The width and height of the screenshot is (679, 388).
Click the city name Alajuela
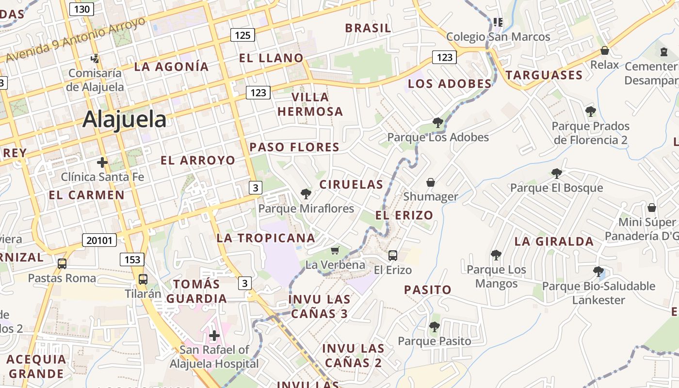124,119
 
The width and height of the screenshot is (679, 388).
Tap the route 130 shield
81,9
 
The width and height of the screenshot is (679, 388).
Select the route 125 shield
242,34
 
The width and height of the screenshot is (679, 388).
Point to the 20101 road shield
99,240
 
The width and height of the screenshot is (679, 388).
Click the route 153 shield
132,259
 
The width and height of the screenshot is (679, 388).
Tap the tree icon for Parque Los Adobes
438,122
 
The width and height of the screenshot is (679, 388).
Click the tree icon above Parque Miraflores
306,194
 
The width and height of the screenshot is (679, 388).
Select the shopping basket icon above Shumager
430,182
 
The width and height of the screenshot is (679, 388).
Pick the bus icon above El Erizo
393,255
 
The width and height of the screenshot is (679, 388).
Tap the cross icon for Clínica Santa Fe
102,162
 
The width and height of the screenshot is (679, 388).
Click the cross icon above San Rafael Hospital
214,335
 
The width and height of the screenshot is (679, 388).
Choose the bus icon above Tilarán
143,279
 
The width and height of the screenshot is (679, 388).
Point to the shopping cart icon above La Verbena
335,250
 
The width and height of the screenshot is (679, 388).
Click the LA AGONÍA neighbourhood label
171,67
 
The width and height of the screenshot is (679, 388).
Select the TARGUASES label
544,75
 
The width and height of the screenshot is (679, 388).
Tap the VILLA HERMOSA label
310,104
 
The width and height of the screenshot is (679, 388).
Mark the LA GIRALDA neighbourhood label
554,241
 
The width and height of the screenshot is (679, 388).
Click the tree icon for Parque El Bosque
556,173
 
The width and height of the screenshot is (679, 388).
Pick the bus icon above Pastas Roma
62,264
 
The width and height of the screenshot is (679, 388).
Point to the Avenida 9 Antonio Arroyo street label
75,40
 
